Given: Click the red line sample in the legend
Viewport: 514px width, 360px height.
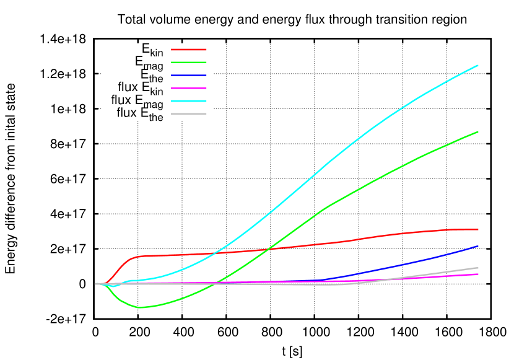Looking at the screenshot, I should pos(189,49).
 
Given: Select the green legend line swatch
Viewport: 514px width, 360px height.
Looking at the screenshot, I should pos(189,62).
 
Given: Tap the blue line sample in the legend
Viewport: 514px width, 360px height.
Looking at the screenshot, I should pos(189,75).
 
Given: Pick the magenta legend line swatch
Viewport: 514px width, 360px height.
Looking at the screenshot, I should pos(189,88).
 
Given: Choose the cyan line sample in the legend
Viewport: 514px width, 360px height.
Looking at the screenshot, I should pos(189,101).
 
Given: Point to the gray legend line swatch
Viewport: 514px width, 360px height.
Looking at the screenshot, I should pos(189,114).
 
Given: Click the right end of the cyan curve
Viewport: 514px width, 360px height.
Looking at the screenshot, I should pos(478,65).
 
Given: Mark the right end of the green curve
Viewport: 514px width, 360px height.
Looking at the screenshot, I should pos(478,132).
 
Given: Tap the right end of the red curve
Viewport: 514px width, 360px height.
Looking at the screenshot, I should pos(478,229).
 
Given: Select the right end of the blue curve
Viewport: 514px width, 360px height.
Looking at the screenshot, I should pos(478,246).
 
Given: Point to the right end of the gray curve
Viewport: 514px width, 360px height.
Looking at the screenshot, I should pos(478,268).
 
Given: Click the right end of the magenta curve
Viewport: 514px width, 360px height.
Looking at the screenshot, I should pos(478,274).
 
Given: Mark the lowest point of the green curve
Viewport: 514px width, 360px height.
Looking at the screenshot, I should pos(141,307).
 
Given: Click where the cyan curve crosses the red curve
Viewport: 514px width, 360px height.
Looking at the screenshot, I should pos(214,253).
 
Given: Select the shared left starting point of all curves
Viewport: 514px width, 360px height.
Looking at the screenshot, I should pos(96,284).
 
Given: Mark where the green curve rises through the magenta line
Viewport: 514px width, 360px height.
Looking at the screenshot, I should pos(214,283).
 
